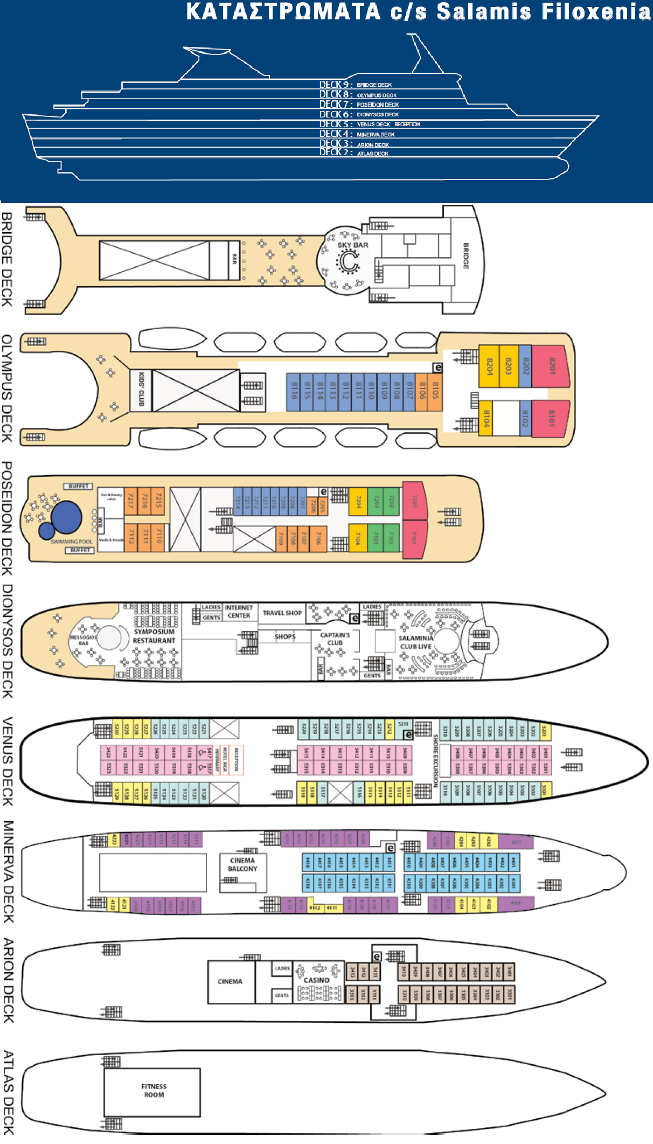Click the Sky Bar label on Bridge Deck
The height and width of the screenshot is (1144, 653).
(353, 245)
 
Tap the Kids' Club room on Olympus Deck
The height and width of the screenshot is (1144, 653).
(141, 389)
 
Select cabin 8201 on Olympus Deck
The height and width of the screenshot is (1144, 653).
(551, 366)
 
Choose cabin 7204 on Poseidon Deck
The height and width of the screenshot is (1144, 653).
(358, 502)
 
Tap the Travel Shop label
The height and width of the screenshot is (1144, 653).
(282, 613)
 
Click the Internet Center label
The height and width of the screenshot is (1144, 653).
(239, 612)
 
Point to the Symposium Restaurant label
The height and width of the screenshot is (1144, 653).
(154, 636)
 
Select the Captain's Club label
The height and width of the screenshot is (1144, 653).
(335, 639)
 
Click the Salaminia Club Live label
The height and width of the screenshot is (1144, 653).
(415, 642)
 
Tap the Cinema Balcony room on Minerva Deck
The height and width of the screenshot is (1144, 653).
(242, 865)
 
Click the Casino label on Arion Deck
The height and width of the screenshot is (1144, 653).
(316, 980)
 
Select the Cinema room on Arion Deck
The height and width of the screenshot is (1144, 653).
(230, 981)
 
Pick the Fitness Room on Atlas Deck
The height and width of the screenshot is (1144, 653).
(154, 1091)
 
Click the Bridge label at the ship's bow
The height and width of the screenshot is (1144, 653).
(466, 256)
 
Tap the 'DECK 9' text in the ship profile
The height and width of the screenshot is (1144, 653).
(335, 85)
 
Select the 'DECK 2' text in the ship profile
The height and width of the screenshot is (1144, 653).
(335, 152)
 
